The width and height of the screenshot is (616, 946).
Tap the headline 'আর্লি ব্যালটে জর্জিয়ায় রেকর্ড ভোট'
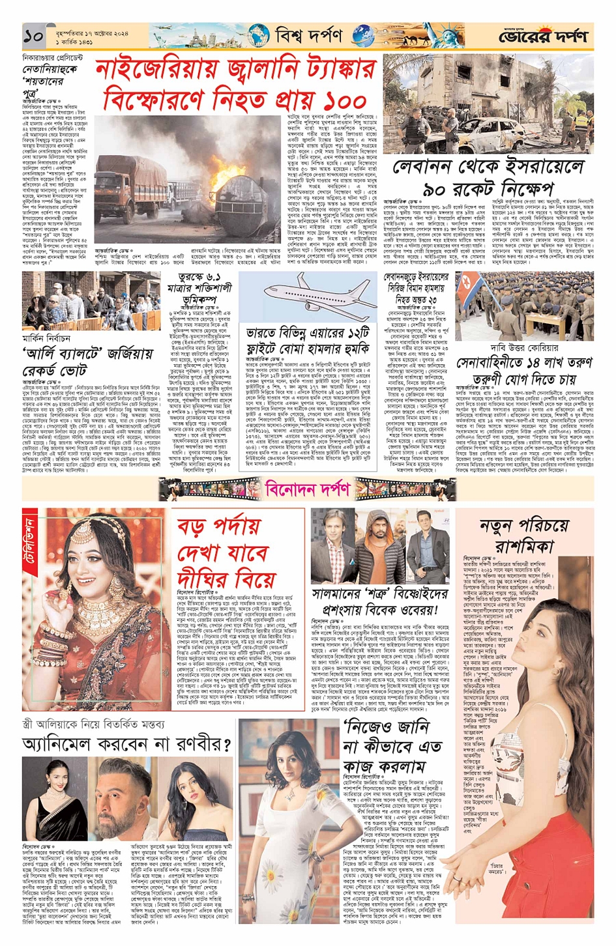87,362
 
